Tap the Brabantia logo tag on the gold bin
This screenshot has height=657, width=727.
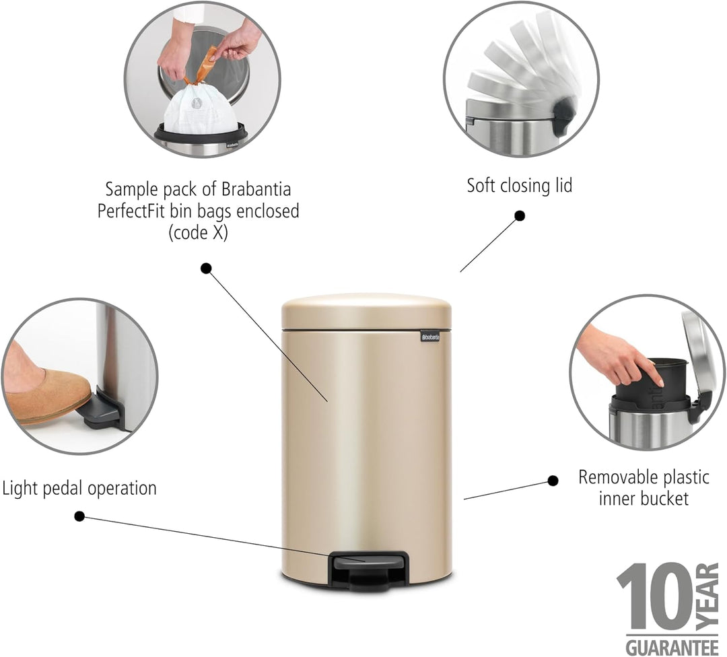point(429,337)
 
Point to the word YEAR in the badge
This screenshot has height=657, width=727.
point(707,597)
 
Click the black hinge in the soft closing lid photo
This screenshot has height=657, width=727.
point(563,116)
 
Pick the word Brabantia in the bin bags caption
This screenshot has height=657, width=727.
point(256,189)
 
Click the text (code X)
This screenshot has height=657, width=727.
point(198,232)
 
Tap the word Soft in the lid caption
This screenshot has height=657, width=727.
point(481,186)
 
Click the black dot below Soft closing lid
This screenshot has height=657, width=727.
point(520,215)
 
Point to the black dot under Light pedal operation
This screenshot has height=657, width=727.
point(79,516)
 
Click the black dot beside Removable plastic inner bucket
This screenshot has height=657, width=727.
point(553,481)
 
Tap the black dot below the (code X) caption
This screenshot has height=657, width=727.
point(207,268)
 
